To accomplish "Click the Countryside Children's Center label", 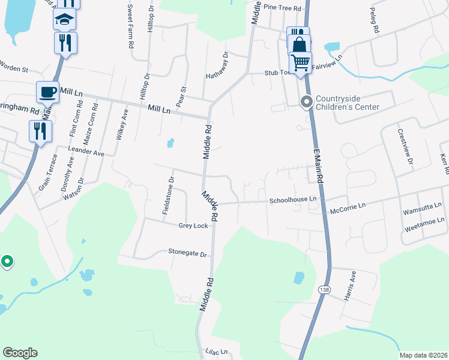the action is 348,103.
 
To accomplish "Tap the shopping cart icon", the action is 300,62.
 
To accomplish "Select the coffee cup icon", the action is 47,92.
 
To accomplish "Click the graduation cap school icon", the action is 65,20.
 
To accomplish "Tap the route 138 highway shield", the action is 324,289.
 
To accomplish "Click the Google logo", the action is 20,353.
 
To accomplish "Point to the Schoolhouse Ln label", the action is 292,199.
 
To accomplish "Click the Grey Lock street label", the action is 193,226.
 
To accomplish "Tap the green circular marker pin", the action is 7,262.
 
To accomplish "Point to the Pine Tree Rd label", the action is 282,7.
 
